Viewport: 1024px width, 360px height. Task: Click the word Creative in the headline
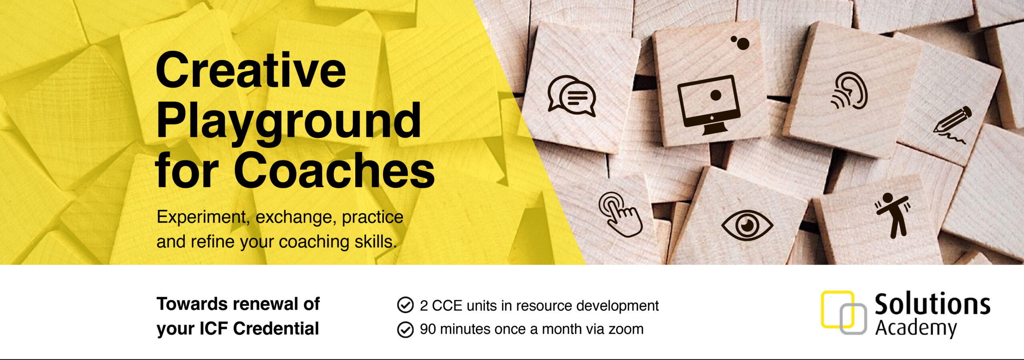pos(251,70)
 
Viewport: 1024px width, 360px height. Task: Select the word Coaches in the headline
pos(337,170)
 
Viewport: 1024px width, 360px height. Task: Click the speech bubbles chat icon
pos(572,96)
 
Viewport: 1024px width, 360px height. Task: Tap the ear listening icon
pos(849,91)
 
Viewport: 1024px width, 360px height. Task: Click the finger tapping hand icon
pos(620,214)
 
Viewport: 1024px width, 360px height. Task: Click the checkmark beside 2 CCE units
pos(405,305)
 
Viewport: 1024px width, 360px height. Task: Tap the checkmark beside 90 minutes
pos(405,330)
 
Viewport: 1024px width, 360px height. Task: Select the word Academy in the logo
pos(916,329)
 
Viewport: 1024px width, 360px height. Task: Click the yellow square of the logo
pos(837,309)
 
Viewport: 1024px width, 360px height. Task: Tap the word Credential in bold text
pos(276,328)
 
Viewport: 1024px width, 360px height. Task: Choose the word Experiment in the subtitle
pos(202,218)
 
